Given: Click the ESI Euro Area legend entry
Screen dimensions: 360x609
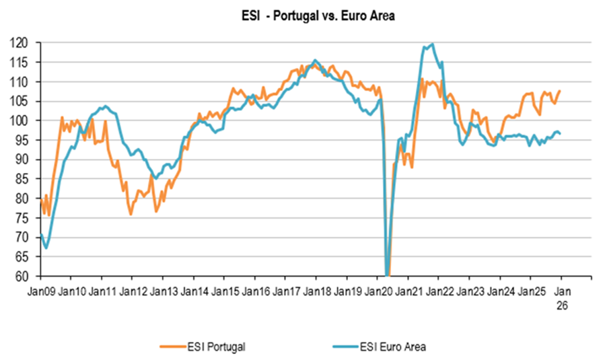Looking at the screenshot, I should tap(390, 347).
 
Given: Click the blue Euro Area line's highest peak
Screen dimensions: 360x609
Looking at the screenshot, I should tap(432, 44).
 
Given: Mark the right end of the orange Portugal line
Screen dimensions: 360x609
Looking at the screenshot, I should tap(560, 91).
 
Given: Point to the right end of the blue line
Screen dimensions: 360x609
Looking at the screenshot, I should tap(561, 133).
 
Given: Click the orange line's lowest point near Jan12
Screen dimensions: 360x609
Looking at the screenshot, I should tap(131, 214).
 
